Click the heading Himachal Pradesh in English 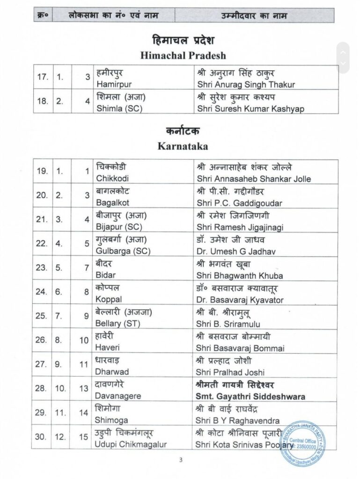point(183,55)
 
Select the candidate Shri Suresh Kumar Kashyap point(250,109)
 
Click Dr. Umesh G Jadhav point(236,251)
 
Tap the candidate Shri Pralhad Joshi point(230,372)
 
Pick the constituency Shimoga point(111,421)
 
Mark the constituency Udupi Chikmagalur point(131,444)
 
